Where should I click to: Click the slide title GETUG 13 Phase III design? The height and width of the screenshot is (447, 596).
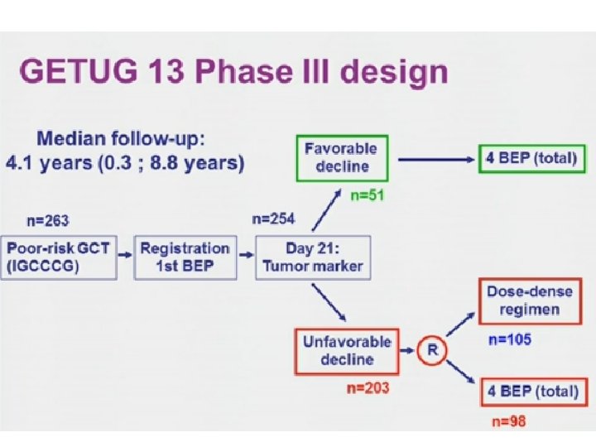pyautogui.click(x=234, y=72)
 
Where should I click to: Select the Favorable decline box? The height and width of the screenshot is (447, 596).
pyautogui.click(x=339, y=158)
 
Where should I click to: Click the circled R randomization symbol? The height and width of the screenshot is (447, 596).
pyautogui.click(x=432, y=351)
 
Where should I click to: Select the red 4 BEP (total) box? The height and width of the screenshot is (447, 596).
pyautogui.click(x=530, y=391)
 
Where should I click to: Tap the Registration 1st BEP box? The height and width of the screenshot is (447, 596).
pyautogui.click(x=185, y=257)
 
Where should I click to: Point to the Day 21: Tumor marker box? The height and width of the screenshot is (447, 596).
pyautogui.click(x=312, y=257)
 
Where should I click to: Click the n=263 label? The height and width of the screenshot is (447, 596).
pyautogui.click(x=47, y=220)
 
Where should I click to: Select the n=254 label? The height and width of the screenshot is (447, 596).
pyautogui.click(x=273, y=219)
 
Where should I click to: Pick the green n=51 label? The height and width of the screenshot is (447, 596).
pyautogui.click(x=367, y=196)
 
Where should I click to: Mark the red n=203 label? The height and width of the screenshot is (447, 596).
pyautogui.click(x=368, y=387)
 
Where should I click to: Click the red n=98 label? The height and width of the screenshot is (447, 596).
pyautogui.click(x=508, y=421)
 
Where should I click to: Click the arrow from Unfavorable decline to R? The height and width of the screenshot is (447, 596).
pyautogui.click(x=406, y=351)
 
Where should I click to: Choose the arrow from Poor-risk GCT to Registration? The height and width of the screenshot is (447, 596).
pyautogui.click(x=123, y=256)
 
